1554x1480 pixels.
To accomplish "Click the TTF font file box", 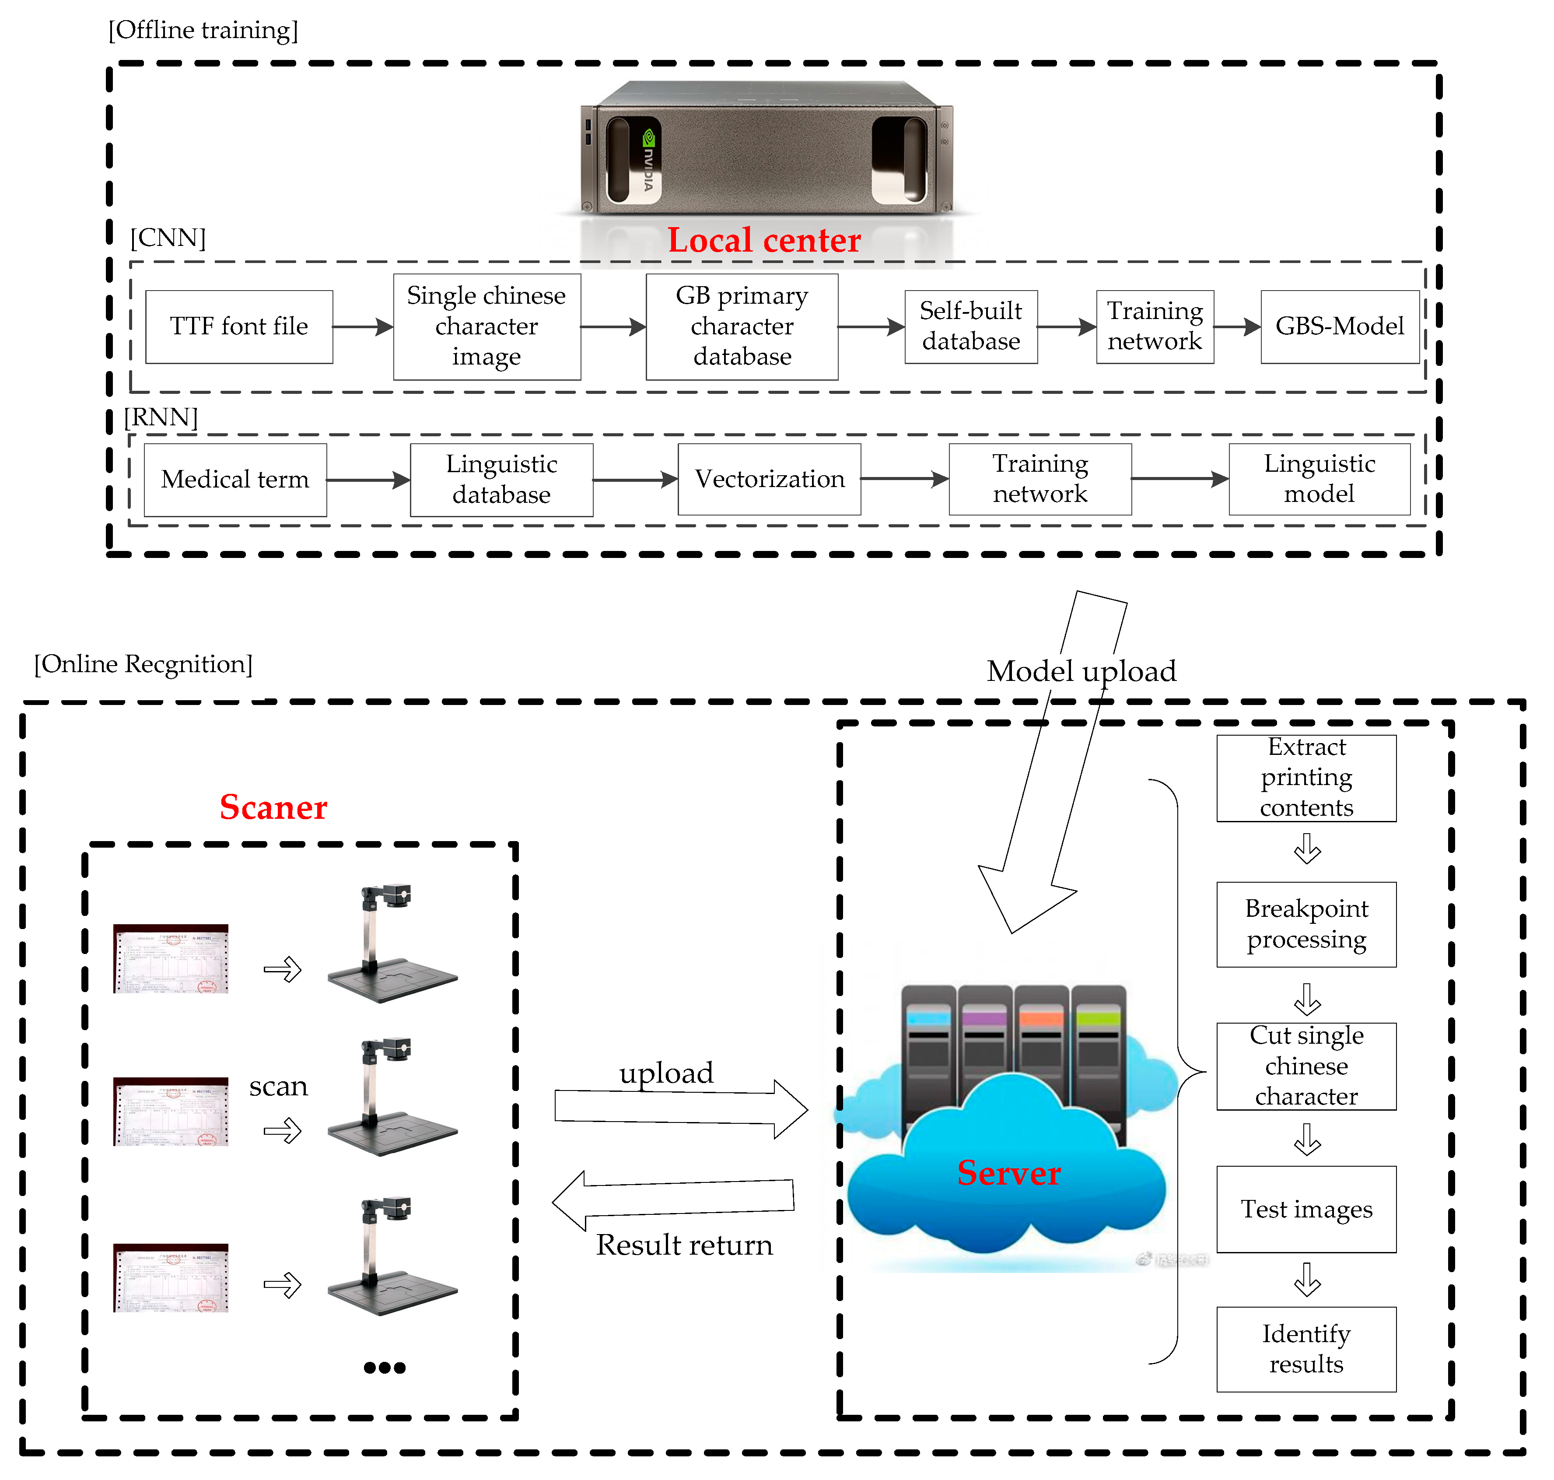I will tap(239, 326).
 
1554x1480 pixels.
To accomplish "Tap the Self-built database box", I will tap(970, 326).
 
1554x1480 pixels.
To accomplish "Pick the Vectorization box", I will tap(769, 479).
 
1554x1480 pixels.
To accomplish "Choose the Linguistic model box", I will tap(1319, 479).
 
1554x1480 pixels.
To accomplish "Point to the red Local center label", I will tap(763, 240).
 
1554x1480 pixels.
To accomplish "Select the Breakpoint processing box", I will tap(1306, 924).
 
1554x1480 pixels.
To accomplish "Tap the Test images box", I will tap(1306, 1209).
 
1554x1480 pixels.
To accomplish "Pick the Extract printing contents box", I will tap(1306, 778).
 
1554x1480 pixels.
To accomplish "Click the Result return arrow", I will tap(675, 1199).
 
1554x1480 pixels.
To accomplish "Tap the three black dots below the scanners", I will tap(384, 1367).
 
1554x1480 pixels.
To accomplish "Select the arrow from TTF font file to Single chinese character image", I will tap(362, 326).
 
